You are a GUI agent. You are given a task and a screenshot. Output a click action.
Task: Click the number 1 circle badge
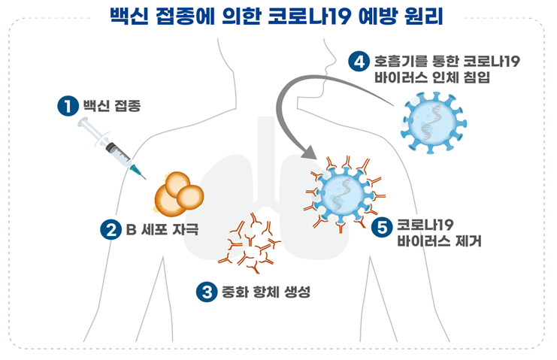68,106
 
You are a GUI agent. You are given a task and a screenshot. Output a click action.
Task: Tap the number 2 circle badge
110,229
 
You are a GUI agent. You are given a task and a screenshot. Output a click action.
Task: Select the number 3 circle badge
207,292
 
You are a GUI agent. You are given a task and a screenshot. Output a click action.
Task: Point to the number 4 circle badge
359,62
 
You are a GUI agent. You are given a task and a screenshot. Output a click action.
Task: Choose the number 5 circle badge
382,227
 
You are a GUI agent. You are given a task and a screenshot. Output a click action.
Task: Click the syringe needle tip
146,179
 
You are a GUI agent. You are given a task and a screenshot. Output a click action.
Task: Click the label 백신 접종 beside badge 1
112,106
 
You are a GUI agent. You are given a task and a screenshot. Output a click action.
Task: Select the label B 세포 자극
162,229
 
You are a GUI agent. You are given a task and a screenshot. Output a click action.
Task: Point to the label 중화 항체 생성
266,292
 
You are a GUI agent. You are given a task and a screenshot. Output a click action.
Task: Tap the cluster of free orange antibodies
249,243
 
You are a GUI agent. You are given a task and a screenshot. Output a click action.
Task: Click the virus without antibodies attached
434,123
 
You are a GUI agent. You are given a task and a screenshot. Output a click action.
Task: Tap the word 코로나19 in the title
310,16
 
